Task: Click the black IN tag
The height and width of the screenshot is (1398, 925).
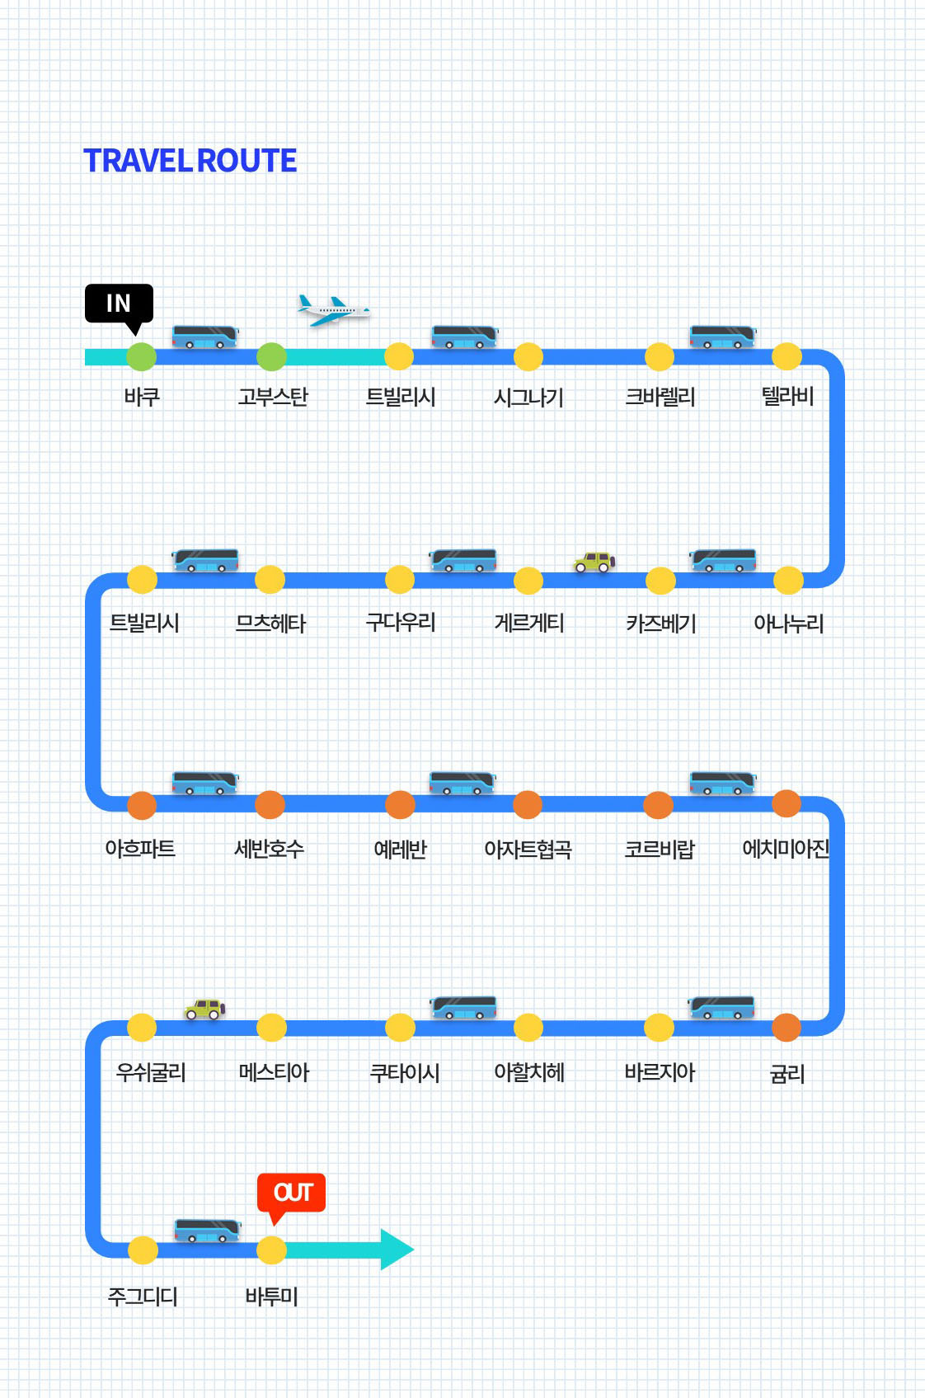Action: [119, 304]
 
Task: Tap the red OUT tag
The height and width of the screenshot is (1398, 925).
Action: [292, 1193]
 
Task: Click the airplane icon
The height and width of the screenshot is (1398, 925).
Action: [333, 311]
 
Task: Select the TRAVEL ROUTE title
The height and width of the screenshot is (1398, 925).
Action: [190, 161]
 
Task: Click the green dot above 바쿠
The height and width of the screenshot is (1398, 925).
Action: [141, 357]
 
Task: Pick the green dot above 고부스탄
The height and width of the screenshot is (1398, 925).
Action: [271, 357]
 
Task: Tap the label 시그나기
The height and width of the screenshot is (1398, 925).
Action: [528, 398]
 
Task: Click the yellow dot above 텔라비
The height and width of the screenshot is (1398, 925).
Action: [786, 357]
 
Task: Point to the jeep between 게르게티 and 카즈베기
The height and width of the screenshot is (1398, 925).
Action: [594, 562]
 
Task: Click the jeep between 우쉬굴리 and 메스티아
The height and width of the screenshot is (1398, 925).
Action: [205, 1009]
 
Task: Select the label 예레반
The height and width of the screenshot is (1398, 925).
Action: [400, 849]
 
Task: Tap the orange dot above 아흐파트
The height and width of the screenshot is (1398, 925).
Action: [142, 805]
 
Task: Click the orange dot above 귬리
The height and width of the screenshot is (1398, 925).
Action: [786, 1028]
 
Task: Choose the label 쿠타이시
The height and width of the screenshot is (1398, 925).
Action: [405, 1073]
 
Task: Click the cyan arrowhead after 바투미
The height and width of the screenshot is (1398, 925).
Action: [397, 1250]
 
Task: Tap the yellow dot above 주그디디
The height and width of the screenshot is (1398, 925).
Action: [143, 1250]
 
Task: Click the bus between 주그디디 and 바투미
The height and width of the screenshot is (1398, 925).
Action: [207, 1230]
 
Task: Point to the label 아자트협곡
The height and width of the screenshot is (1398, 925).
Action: [528, 849]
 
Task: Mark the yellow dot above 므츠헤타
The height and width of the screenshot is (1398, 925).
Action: [270, 580]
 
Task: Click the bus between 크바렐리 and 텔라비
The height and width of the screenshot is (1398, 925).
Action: [723, 337]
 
